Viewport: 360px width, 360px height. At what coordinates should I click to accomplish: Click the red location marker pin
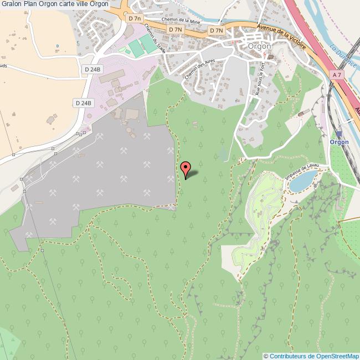[x=186, y=167]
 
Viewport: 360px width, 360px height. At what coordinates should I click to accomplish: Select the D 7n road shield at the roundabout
[x=135, y=18]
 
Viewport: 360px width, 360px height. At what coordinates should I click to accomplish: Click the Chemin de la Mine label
[x=180, y=21]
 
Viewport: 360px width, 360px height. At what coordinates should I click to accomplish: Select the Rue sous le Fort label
[x=259, y=80]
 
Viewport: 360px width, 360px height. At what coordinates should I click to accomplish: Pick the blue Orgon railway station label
[x=339, y=142]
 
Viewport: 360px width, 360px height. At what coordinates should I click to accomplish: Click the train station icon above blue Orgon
[x=339, y=133]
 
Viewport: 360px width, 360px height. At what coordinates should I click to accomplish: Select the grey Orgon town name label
[x=260, y=47]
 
